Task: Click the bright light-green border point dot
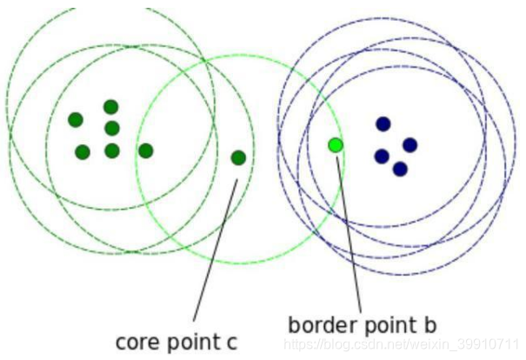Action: pos(336,144)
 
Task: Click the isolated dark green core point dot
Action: pos(238,157)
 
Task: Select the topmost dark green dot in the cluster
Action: pos(111,107)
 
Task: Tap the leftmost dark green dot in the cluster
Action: pos(76,120)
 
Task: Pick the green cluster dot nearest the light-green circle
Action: pos(146,150)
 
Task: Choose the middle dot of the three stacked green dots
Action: pos(112,129)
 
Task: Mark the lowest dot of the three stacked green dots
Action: pos(112,150)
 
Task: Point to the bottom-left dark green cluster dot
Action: pos(83,152)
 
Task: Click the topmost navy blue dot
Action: pos(383,124)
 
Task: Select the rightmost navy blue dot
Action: pos(409,144)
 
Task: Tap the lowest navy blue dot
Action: pos(400,169)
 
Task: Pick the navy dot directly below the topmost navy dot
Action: pos(382,157)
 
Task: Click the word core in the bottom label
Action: pos(136,342)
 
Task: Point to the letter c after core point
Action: pos(231,343)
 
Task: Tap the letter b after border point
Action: pos(429,325)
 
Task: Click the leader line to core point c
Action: pos(213,252)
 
